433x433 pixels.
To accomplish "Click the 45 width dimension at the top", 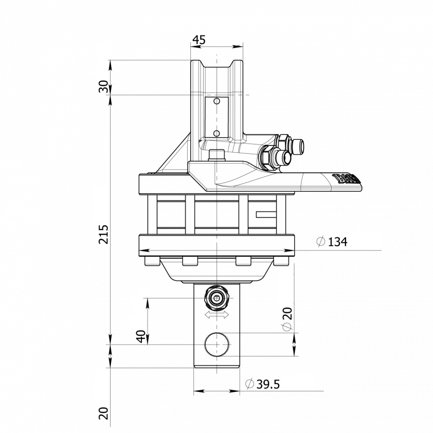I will pos(200,40).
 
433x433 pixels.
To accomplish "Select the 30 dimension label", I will pos(103,86).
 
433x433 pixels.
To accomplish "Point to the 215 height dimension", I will pos(103,234).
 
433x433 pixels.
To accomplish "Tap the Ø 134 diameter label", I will pos(332,241).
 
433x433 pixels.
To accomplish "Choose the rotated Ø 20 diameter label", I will pos(286,320).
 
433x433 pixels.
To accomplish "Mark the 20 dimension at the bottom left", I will pos(103,413).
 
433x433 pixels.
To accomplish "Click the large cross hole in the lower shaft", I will pos(217,344).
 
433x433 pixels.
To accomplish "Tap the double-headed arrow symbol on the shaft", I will pos(217,314).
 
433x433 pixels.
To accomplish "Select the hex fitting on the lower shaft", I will pos(217,297).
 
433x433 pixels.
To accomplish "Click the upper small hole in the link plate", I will pos(217,102).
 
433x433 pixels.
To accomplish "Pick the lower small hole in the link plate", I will pos(217,134).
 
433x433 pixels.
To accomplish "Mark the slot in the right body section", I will pos(267,214).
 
